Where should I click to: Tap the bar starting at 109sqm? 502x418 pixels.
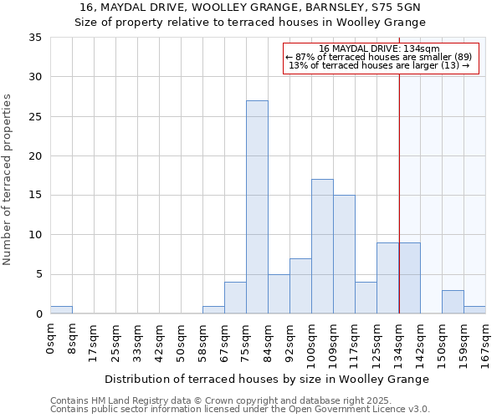pos(344,254)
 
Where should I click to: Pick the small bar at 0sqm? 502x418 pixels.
pos(61,310)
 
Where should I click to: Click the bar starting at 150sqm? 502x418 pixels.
pos(453,302)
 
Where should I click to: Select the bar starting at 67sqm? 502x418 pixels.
pos(235,298)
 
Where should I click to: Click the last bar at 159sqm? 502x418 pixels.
pos(474,310)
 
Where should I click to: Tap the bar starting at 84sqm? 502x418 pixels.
pos(279,293)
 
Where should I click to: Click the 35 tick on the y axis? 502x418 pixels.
pos(35,38)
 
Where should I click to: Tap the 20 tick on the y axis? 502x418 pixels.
pos(35,156)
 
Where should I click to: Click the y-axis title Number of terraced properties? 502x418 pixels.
pos(8,180)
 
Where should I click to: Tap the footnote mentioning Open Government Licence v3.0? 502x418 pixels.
pos(239,410)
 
